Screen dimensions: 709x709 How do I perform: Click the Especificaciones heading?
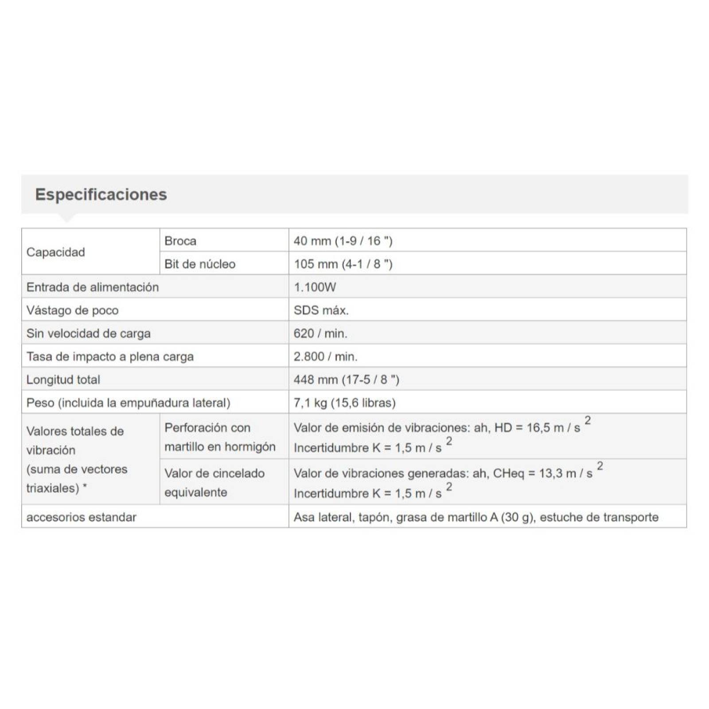coord(101,195)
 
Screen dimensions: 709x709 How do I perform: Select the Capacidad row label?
coord(55,252)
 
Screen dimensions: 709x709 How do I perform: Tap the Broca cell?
coord(180,241)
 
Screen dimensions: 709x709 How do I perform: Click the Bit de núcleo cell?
coord(200,264)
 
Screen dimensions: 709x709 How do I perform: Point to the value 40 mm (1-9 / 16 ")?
coord(343,241)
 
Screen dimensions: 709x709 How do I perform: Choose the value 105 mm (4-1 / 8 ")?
coord(343,264)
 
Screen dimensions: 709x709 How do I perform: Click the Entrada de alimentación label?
coord(92,287)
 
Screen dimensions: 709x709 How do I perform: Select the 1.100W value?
coord(315,287)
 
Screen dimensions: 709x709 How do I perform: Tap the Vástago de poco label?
coord(72,310)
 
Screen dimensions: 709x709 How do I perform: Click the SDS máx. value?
coord(321,310)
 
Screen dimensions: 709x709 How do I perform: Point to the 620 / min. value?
coord(320,333)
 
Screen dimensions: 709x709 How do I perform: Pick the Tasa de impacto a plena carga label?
coord(110,357)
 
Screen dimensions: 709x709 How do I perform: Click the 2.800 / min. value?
coord(325,357)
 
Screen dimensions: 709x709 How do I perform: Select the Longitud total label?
coord(63,380)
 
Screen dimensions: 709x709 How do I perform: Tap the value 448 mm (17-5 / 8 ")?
coord(346,380)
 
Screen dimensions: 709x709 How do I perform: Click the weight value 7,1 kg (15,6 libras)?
coord(344,403)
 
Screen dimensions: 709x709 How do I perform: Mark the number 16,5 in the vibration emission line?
coord(538,428)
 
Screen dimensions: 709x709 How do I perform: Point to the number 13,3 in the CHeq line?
coord(551,474)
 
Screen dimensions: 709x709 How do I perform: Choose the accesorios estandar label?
coord(81,517)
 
